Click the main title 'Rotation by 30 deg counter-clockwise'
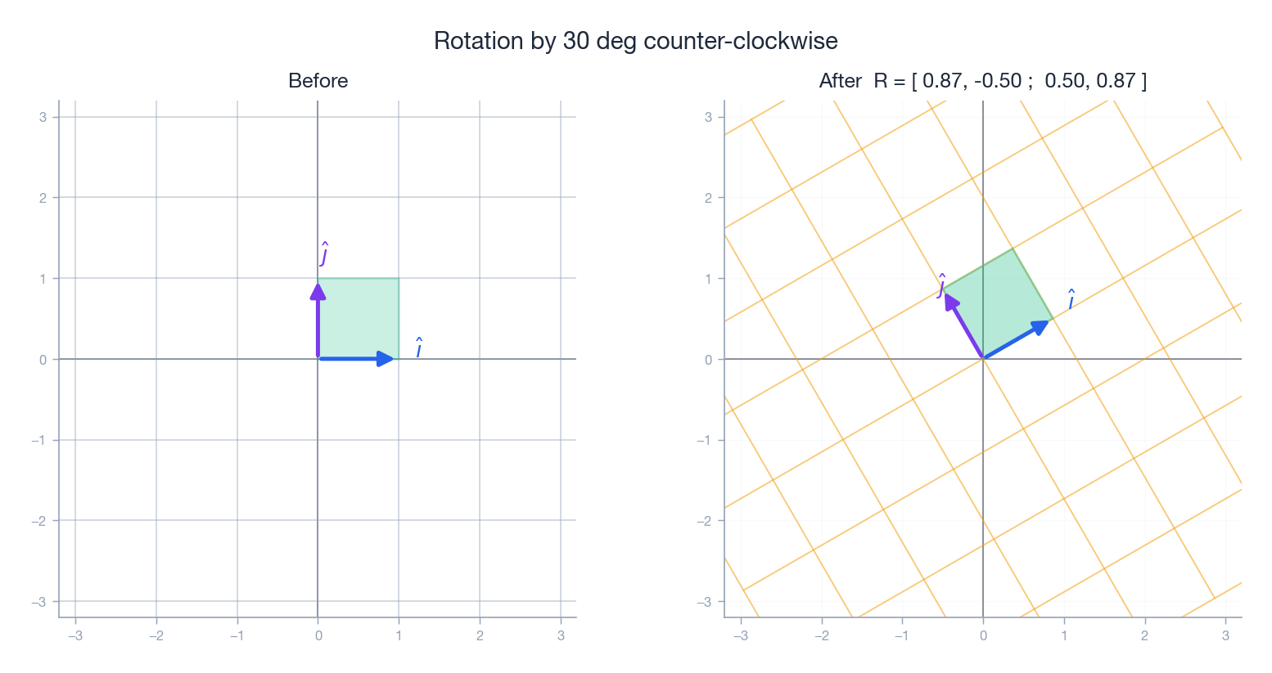pyautogui.click(x=635, y=41)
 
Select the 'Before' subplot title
pyautogui.click(x=318, y=81)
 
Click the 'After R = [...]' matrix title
pyautogui.click(x=982, y=81)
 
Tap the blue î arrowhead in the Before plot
pyautogui.click(x=386, y=359)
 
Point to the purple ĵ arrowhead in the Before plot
pyautogui.click(x=318, y=292)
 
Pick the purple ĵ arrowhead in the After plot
pyautogui.click(x=949, y=301)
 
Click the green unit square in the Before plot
pyautogui.click(x=359, y=319)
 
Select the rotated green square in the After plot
pyautogui.click(x=998, y=303)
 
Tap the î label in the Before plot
pyautogui.click(x=418, y=348)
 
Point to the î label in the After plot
pyautogui.click(x=1071, y=300)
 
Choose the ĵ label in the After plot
pyautogui.click(x=942, y=285)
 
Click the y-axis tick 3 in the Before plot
pyautogui.click(x=43, y=117)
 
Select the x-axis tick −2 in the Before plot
pyautogui.click(x=156, y=635)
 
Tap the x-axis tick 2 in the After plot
pyautogui.click(x=1144, y=635)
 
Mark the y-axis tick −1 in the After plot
pyautogui.click(x=704, y=440)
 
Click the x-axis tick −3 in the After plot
pyautogui.click(x=740, y=635)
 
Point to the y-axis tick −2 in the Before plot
pyautogui.click(x=39, y=521)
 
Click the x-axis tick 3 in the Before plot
pyautogui.click(x=561, y=635)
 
